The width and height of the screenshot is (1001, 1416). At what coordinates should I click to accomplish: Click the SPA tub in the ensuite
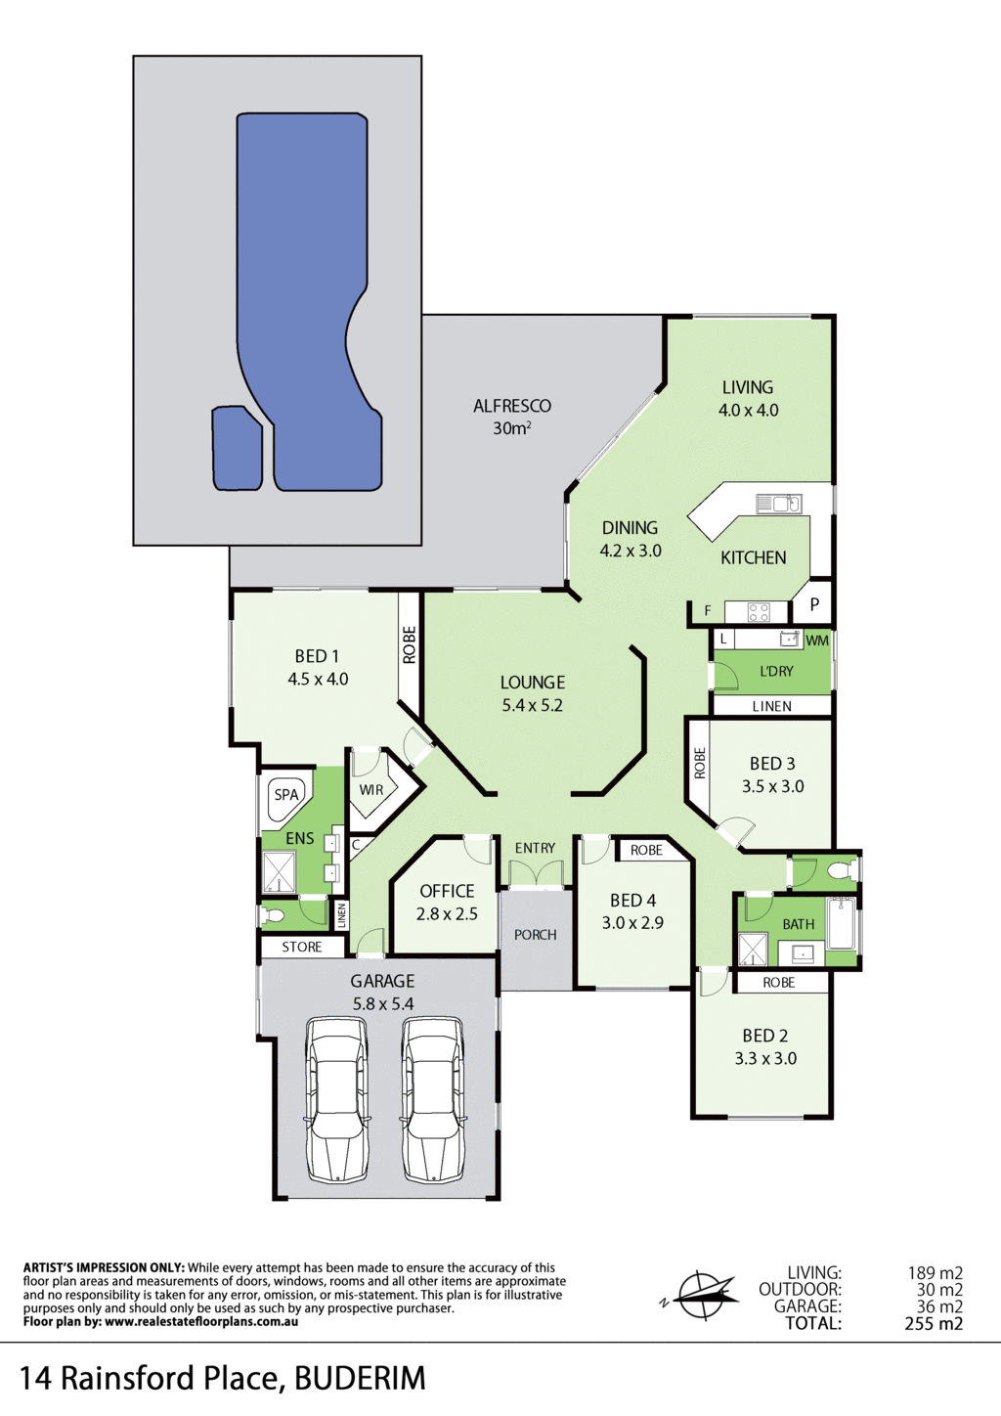coord(286,795)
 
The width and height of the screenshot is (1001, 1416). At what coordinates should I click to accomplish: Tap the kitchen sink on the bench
coord(779,504)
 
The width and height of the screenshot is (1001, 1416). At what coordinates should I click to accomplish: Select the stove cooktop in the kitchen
coord(759,612)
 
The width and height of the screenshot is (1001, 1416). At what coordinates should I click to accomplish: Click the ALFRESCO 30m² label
coord(512,417)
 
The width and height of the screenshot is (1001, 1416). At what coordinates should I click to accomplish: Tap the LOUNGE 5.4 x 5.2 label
coord(533,693)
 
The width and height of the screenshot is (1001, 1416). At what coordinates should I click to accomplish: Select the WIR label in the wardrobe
coord(370,789)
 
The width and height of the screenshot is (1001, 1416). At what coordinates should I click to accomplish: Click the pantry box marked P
coord(812,603)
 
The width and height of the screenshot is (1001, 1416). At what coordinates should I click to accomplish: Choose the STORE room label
coord(302,947)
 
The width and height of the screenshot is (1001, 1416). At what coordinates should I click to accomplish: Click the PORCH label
coord(536,934)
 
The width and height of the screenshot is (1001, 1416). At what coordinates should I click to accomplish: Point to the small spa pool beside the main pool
coord(237,448)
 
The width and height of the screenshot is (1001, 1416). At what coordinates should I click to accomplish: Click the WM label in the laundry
coord(816,641)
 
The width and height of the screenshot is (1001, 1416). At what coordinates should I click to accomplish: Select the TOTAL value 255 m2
coord(934,1323)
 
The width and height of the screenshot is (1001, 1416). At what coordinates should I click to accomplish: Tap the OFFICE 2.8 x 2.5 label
coord(447,902)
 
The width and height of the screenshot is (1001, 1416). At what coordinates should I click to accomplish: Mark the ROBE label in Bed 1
coord(409,644)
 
